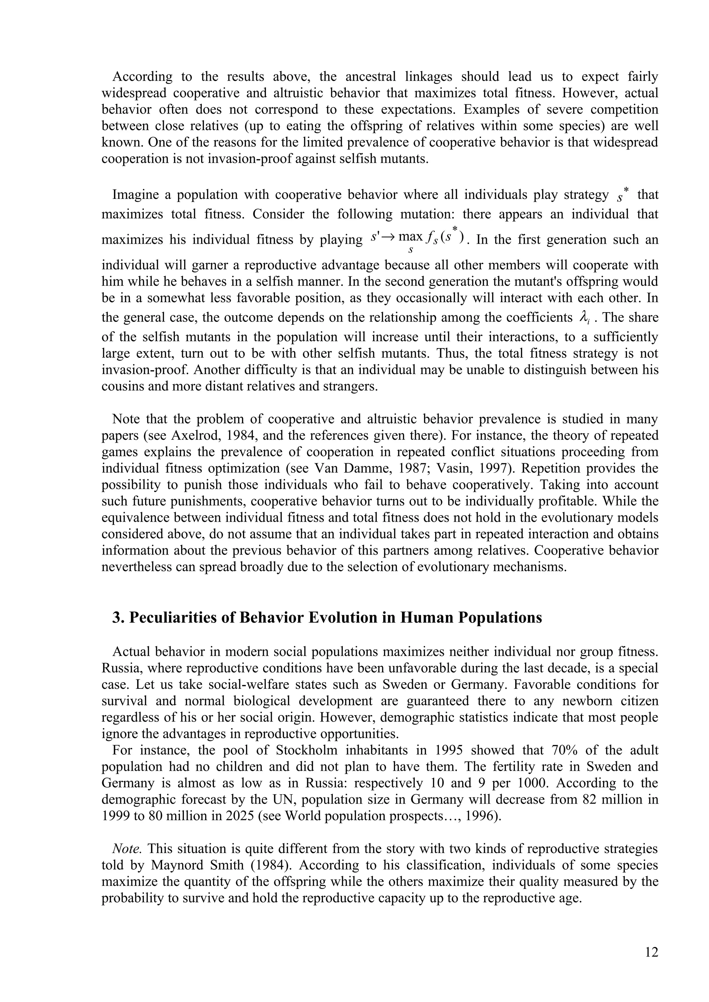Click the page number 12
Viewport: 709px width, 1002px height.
(x=651, y=952)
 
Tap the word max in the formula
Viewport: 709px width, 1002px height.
(x=411, y=236)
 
